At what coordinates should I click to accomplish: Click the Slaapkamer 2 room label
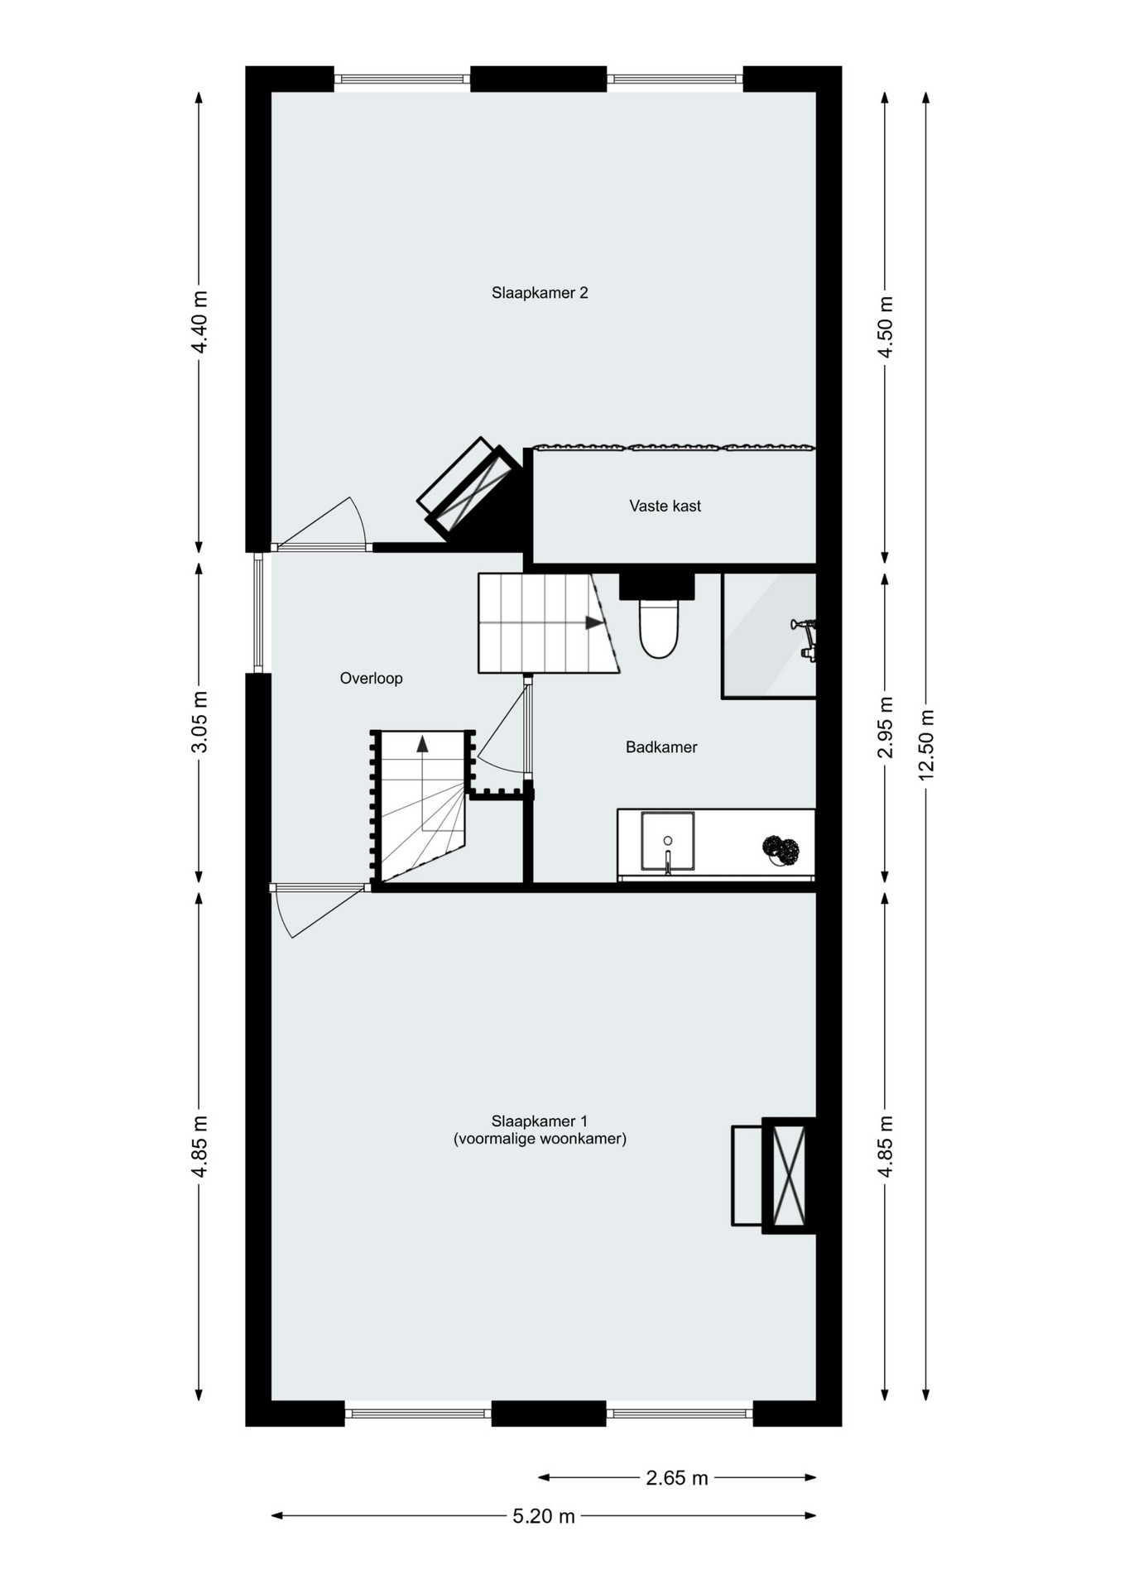[540, 293]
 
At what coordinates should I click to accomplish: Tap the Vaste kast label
[665, 506]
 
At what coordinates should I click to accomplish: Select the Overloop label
[371, 679]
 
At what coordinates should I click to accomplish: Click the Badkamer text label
[661, 747]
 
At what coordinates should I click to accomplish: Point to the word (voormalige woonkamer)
[540, 1139]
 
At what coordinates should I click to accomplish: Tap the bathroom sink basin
[667, 842]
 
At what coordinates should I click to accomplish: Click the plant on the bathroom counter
[781, 851]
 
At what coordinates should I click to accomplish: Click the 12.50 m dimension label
[926, 745]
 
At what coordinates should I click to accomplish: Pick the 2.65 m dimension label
[677, 1478]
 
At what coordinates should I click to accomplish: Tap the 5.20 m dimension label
[544, 1516]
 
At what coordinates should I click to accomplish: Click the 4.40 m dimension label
[199, 322]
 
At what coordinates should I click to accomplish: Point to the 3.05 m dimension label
[199, 722]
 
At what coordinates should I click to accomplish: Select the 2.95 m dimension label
[886, 727]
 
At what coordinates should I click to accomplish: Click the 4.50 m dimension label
[886, 327]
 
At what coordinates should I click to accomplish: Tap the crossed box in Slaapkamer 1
[789, 1176]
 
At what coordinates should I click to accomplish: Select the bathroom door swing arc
[497, 767]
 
